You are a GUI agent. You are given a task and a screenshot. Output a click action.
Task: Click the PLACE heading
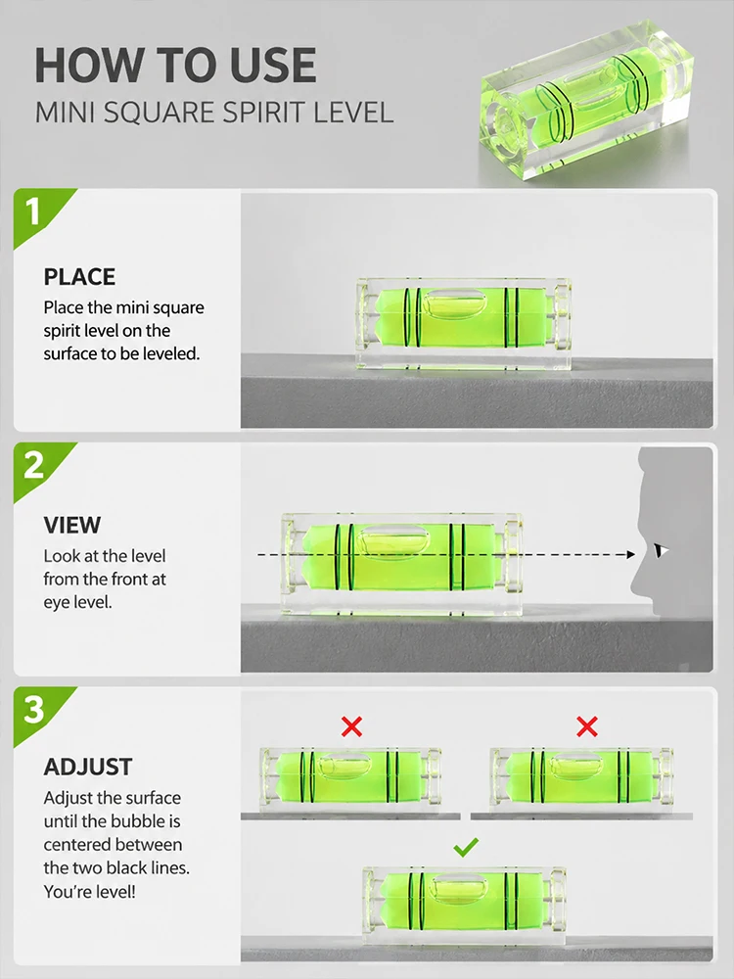(x=79, y=277)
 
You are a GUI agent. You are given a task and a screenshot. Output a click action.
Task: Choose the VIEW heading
(x=71, y=525)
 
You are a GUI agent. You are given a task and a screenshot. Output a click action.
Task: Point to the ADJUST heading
(x=88, y=767)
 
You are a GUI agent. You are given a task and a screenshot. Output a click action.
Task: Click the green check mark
(x=466, y=847)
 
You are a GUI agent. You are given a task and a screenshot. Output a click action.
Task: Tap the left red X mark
(x=352, y=726)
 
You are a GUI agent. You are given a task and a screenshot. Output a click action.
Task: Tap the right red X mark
(x=587, y=726)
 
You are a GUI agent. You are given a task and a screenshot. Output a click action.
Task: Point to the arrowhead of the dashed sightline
(x=631, y=554)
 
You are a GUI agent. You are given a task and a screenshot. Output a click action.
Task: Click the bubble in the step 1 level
(x=454, y=303)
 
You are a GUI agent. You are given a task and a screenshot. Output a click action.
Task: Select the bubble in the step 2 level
(x=394, y=538)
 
